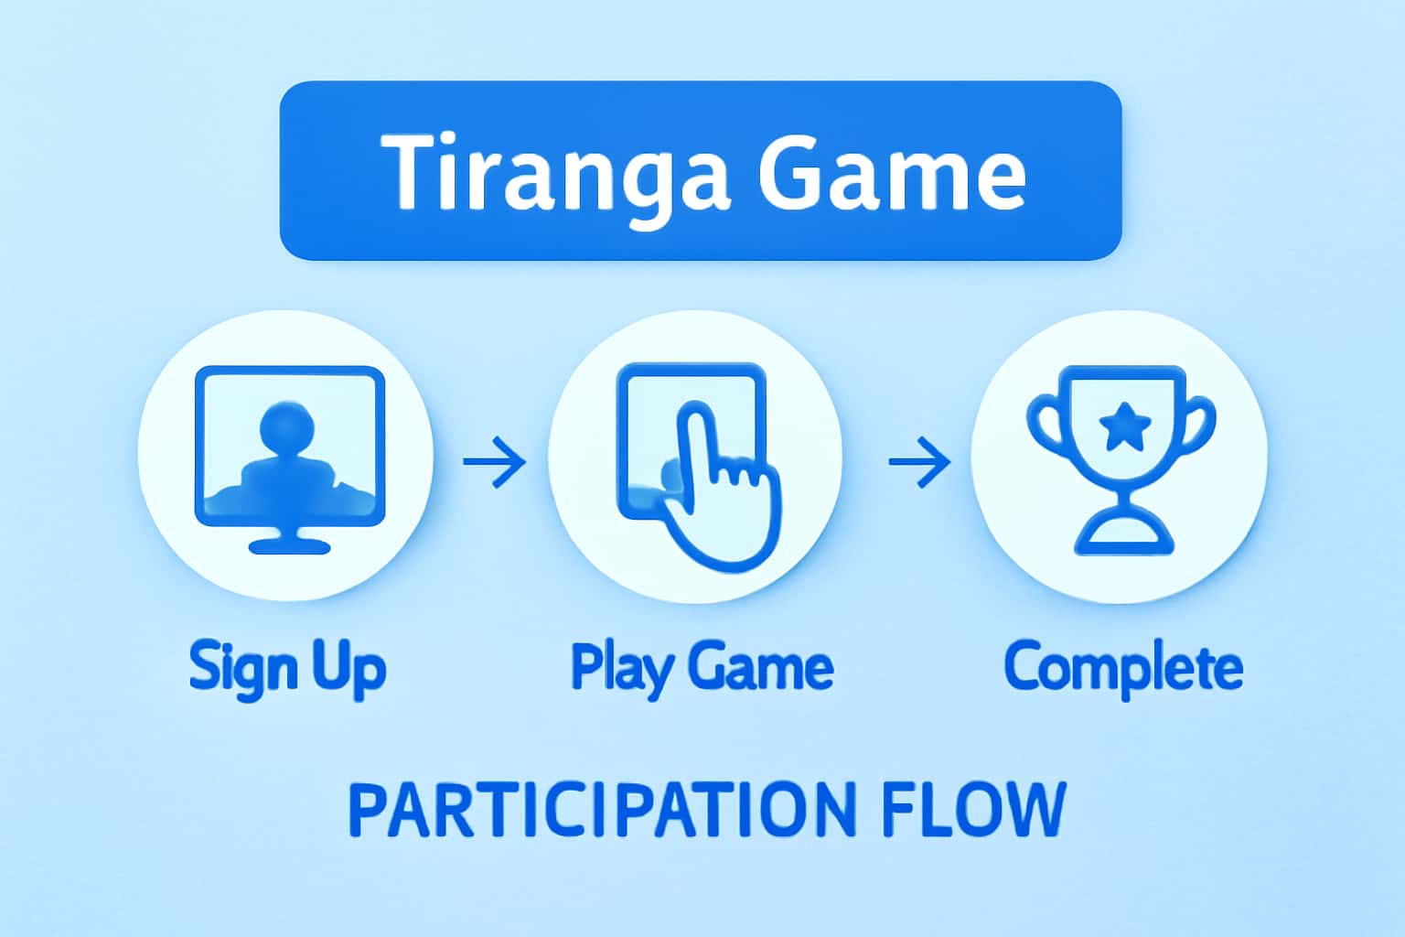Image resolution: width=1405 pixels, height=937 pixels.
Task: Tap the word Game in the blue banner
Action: point(893,172)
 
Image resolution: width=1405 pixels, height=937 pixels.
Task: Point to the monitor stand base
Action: point(289,545)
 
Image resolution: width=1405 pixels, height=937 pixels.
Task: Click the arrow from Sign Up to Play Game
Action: point(495,460)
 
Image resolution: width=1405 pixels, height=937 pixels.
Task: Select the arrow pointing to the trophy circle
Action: point(919,460)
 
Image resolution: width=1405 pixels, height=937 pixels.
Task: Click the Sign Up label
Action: point(287,668)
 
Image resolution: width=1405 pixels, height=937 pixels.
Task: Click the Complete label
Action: point(1123,668)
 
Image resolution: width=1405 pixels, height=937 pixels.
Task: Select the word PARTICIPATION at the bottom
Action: point(602,809)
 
